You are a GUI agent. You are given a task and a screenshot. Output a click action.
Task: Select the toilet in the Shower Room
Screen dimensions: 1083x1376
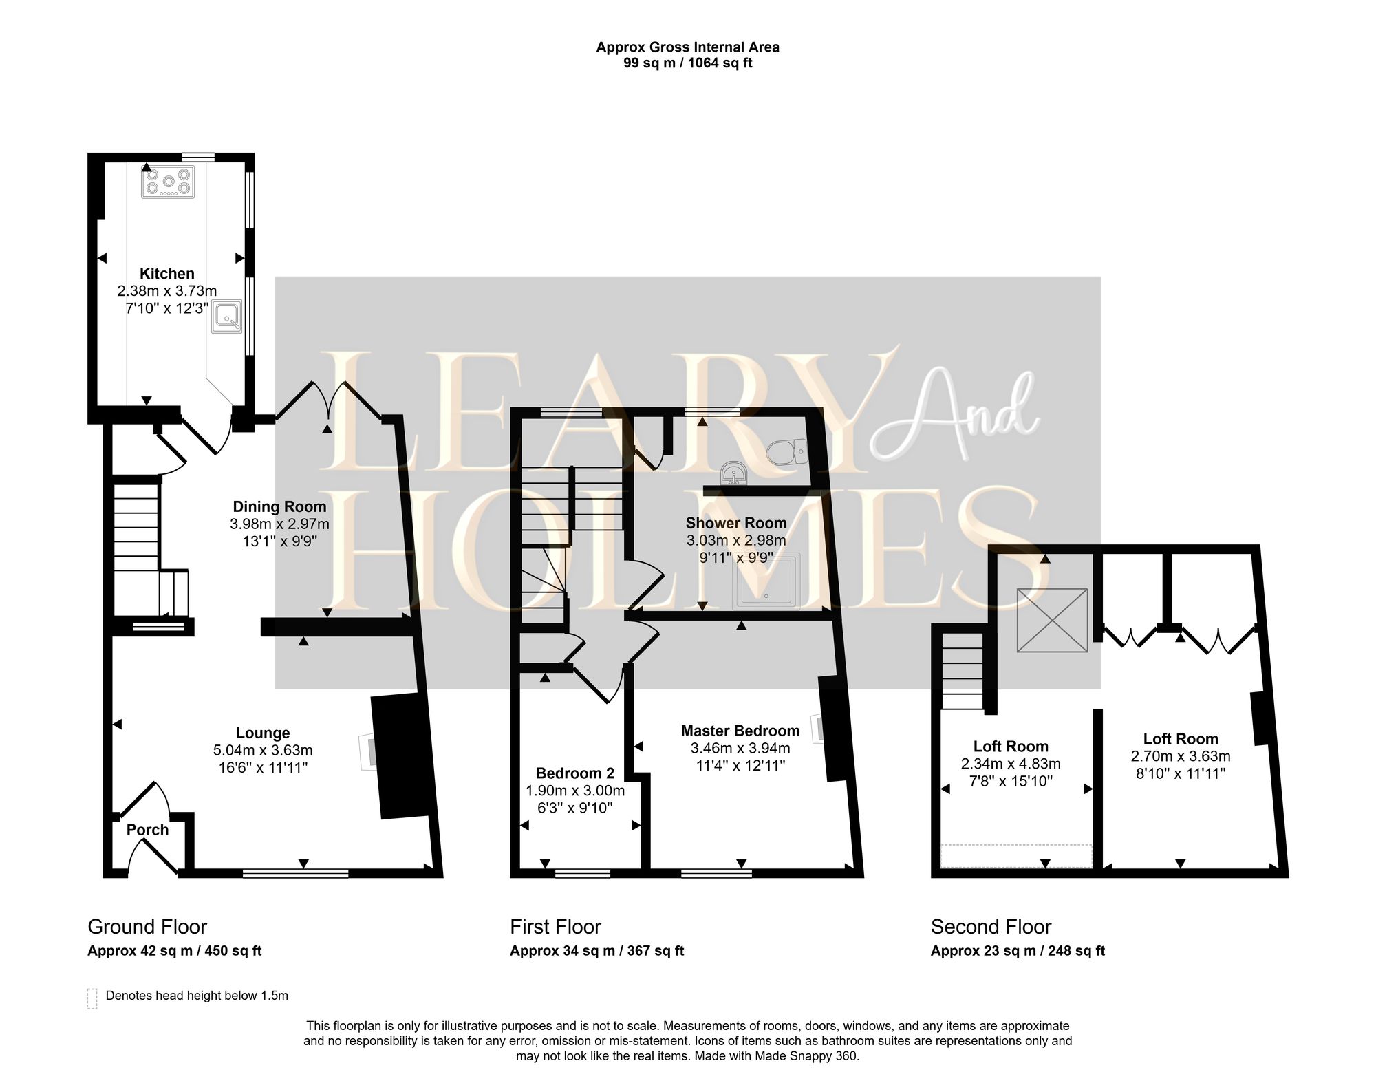coord(786,452)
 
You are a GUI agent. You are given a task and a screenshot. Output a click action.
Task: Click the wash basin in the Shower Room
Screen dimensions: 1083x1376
coord(733,474)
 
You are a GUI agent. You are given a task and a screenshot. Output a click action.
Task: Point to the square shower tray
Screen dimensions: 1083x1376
coord(766,581)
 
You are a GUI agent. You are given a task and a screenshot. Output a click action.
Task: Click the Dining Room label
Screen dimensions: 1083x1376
coord(279,506)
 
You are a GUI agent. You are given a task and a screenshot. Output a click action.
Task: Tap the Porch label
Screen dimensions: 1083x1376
coord(147,830)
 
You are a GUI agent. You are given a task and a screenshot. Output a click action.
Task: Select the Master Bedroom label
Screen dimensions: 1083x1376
coord(740,731)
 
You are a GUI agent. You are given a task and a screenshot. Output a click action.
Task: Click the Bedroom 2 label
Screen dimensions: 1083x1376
coord(574,773)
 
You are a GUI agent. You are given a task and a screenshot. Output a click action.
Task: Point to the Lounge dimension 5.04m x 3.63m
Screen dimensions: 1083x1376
coord(263,750)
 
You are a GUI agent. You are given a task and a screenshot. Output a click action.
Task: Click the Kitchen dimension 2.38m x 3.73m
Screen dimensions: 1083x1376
coord(167,291)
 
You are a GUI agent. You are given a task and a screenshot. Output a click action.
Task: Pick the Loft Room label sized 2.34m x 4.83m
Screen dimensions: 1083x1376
coord(1010,747)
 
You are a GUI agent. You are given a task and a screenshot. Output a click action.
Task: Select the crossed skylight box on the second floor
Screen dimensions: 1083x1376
coord(1052,619)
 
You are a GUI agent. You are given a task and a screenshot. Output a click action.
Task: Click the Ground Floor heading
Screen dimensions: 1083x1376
coord(147,927)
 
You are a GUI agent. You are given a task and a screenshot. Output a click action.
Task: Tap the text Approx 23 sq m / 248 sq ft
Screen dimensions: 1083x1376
coord(1017,951)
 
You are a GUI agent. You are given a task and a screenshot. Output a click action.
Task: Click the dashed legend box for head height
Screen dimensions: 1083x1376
coord(92,998)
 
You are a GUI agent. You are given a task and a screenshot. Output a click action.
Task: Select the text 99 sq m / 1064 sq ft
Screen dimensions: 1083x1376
coord(687,63)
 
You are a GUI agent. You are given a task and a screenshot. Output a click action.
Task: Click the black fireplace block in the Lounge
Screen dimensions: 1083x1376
coord(402,755)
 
